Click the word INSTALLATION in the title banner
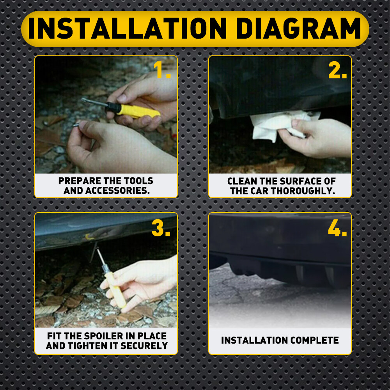tap(128, 28)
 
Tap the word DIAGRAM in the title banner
tap(298, 28)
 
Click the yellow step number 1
tap(162, 70)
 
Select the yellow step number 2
tap(337, 70)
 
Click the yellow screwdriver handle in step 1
tap(138, 111)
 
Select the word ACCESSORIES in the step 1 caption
tap(118, 191)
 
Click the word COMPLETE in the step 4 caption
tap(314, 340)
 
